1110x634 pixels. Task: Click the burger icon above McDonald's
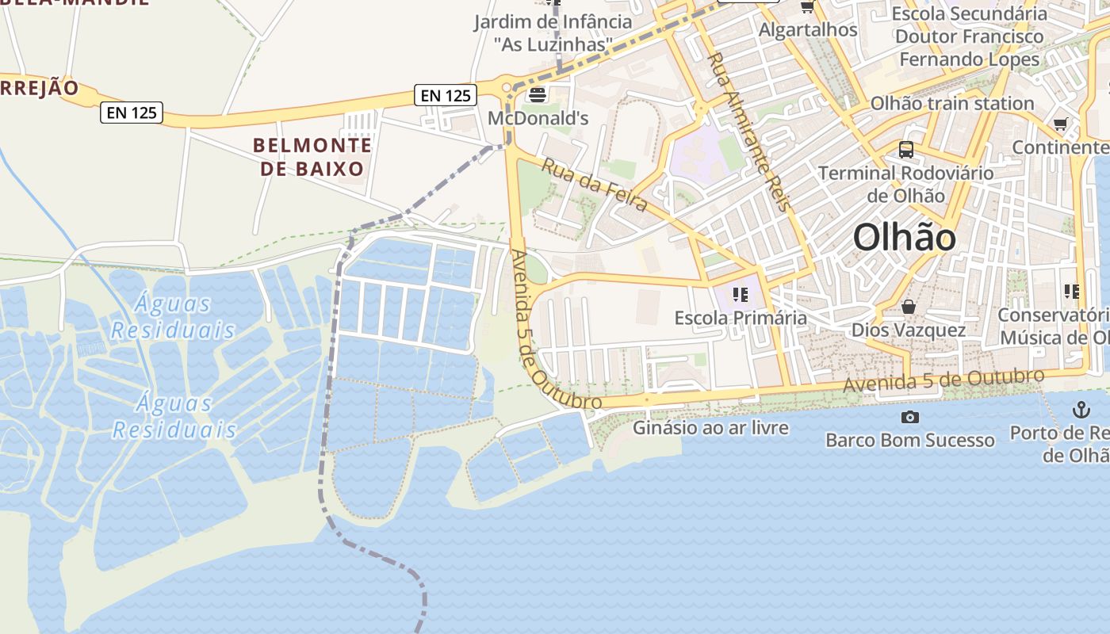[538, 96]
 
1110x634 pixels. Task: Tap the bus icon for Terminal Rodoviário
[905, 149]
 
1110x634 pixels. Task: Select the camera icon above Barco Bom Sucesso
[909, 417]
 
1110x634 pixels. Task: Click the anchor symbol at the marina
[1081, 410]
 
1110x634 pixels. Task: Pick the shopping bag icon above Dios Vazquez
[908, 306]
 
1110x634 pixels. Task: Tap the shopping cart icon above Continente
[1061, 124]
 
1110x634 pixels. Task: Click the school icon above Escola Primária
[741, 295]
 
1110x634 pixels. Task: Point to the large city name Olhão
[904, 238]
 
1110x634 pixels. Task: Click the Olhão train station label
[951, 103]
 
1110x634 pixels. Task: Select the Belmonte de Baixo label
[312, 156]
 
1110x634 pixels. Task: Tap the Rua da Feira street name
[595, 184]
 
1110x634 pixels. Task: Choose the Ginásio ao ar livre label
[710, 428]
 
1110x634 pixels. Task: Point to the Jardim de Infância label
[553, 32]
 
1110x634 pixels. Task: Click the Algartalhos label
[808, 29]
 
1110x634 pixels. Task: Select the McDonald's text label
[538, 119]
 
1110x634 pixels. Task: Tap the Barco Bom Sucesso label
[909, 440]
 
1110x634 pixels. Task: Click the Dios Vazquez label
[908, 330]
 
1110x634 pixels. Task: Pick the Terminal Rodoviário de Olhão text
[905, 184]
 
